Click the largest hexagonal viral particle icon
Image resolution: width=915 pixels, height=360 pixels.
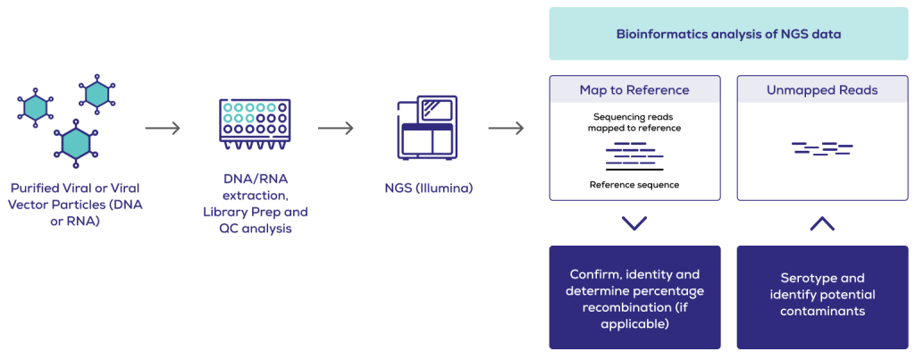click(x=75, y=141)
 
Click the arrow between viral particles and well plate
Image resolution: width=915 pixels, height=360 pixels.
click(x=163, y=128)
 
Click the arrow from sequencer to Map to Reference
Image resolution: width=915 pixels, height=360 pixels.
click(x=506, y=128)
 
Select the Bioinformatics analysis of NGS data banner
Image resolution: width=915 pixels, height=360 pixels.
click(x=728, y=34)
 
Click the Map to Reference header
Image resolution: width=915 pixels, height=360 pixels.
click(x=634, y=90)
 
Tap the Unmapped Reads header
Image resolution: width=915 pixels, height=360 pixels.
click(x=822, y=90)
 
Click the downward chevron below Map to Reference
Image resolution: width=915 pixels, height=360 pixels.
click(x=634, y=222)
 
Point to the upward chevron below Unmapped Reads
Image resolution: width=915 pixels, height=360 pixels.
click(x=822, y=222)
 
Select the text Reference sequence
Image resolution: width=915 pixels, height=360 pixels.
click(x=634, y=185)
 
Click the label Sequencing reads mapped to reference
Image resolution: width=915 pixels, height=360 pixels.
click(x=634, y=122)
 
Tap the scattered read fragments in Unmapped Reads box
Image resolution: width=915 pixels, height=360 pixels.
click(x=822, y=147)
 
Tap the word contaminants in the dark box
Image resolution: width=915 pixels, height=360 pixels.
click(x=822, y=311)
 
